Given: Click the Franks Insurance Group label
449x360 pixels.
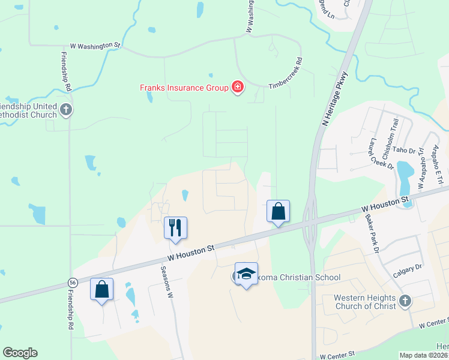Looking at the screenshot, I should [184, 88].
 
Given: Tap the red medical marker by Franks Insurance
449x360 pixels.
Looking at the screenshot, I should [238, 88].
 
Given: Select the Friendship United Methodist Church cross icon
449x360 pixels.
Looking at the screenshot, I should [67, 110].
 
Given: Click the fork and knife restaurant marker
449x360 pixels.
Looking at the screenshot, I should [175, 228].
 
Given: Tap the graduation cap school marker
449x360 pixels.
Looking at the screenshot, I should [246, 274].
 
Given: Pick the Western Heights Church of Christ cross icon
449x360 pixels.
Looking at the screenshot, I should [405, 301].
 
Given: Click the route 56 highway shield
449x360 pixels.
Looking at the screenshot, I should [73, 282].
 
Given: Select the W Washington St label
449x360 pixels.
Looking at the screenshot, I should [95, 45].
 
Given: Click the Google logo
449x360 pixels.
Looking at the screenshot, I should [20, 353].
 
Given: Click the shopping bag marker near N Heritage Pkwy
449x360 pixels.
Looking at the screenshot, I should [279, 211].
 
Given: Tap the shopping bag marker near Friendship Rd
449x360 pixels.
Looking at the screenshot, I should [102, 289].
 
